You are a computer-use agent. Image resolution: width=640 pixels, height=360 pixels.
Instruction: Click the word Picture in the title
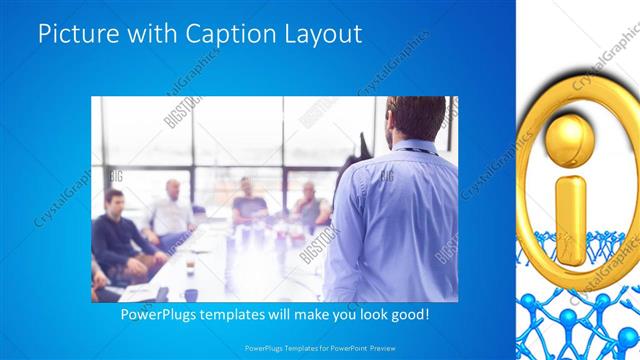(x=74, y=34)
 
